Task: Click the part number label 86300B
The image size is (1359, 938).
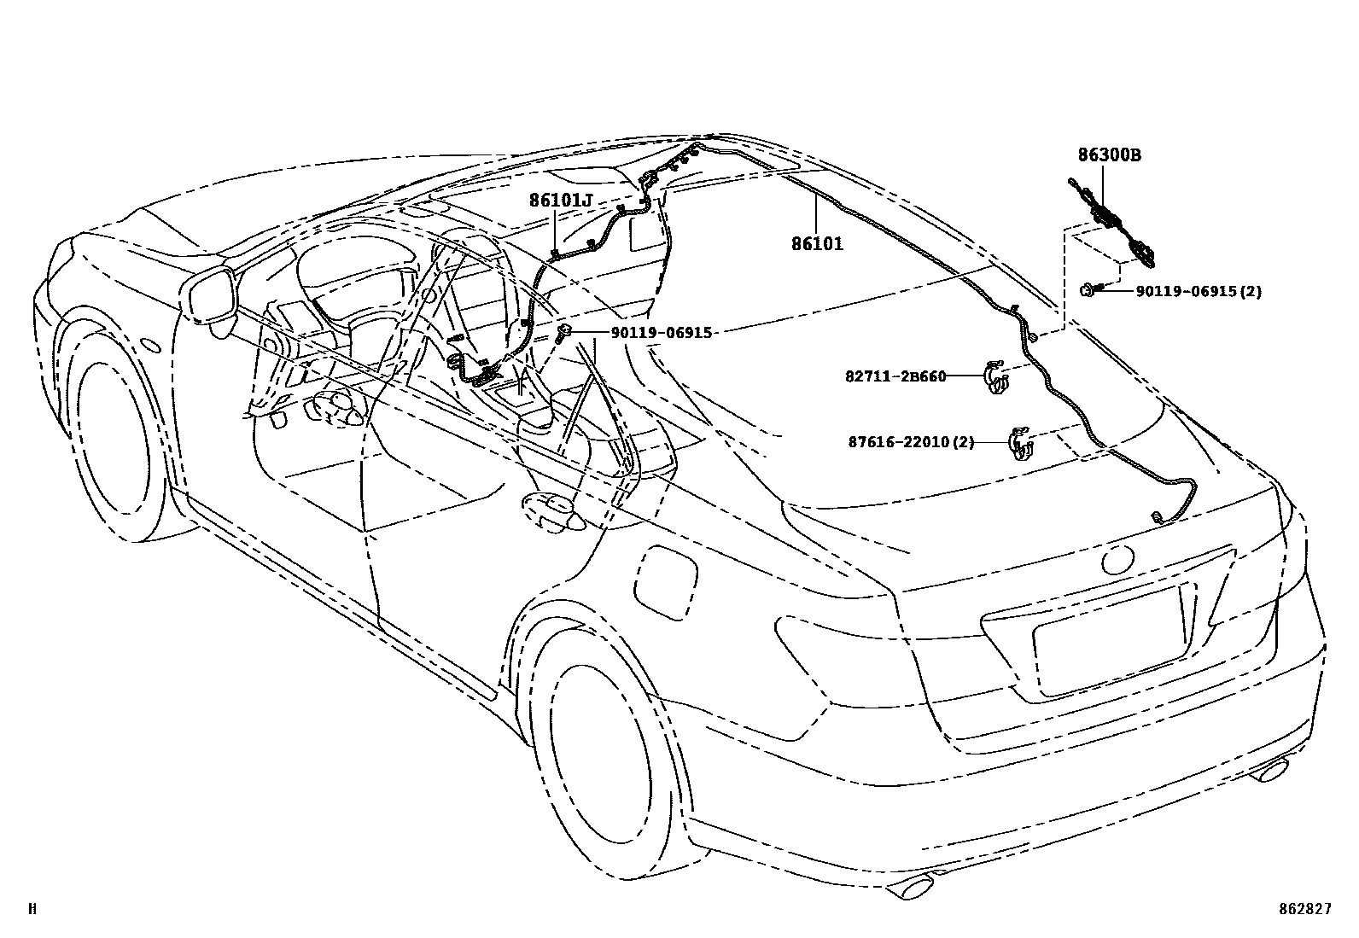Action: click(1110, 155)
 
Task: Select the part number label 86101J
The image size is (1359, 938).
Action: click(560, 201)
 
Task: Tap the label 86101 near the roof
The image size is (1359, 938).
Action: click(817, 244)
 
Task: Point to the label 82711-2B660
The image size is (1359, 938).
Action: click(896, 376)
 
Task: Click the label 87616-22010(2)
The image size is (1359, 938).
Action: click(911, 442)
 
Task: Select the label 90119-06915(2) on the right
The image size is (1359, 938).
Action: click(1198, 291)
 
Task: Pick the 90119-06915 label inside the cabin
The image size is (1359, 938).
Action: click(661, 333)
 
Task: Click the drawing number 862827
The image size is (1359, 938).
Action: click(1304, 910)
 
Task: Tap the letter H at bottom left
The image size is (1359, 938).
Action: click(32, 910)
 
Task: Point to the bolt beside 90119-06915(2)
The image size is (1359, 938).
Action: click(1090, 290)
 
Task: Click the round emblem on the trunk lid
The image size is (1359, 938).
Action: click(1116, 561)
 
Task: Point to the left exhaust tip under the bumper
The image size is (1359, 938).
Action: click(913, 888)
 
